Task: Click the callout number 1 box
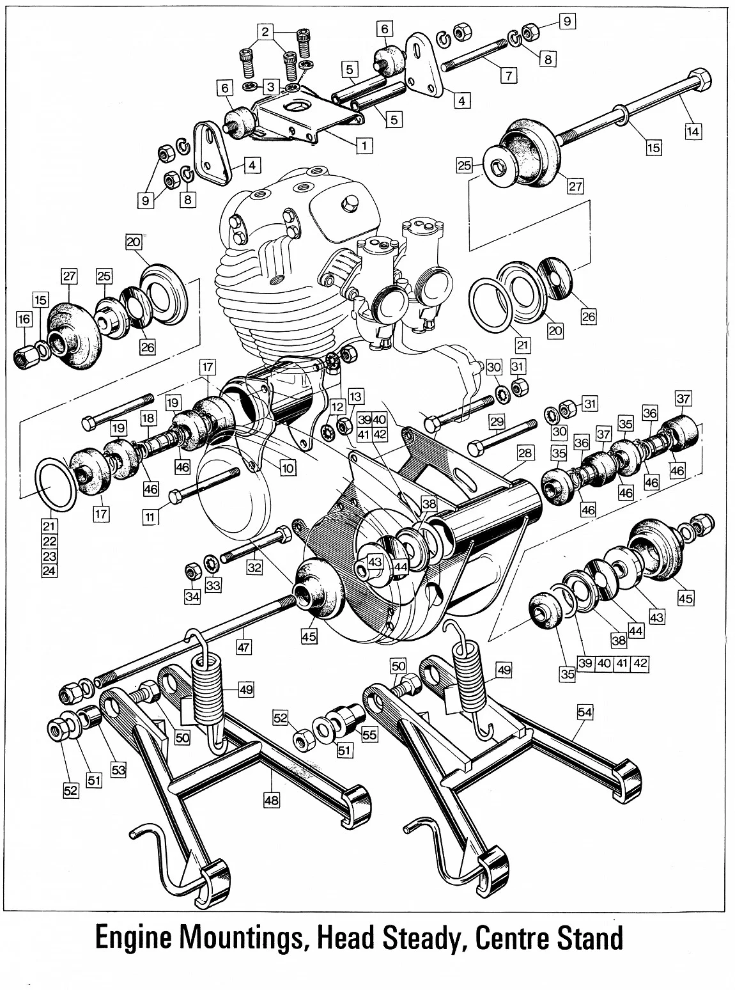(x=364, y=145)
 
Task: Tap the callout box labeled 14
(x=693, y=132)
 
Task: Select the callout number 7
(x=507, y=75)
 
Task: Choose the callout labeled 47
(x=243, y=647)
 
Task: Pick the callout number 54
(x=584, y=711)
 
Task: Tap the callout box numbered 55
(x=369, y=735)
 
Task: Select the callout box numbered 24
(x=49, y=570)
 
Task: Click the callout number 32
(x=254, y=567)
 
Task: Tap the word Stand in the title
(x=582, y=939)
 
